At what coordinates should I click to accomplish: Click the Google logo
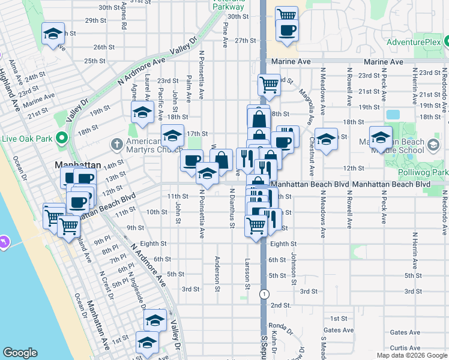[20, 353]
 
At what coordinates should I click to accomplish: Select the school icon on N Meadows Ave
[326, 139]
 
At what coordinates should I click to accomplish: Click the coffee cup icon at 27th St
[287, 29]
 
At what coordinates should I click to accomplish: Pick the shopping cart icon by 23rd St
[269, 84]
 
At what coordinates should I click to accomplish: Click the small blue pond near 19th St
[393, 114]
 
